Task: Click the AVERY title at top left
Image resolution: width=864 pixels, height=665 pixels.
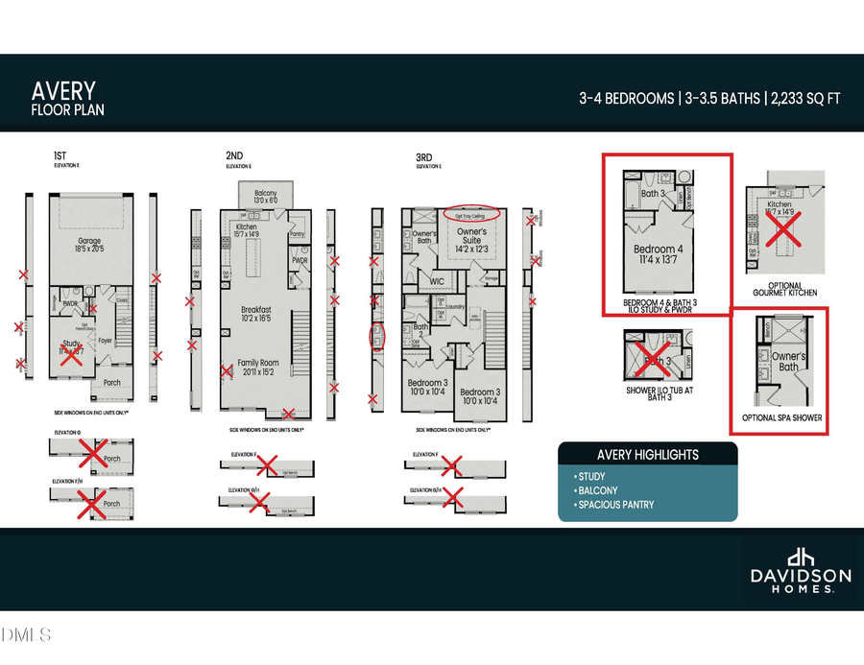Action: click(x=63, y=90)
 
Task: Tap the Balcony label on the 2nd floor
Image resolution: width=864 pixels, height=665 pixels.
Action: click(x=264, y=195)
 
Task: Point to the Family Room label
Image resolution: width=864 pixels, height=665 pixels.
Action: click(x=261, y=365)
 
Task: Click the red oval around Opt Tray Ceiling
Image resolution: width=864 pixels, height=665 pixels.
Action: click(x=471, y=213)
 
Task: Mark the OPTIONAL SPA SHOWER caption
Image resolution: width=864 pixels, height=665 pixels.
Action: click(x=781, y=418)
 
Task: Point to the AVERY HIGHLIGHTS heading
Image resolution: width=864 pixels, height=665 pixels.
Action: click(x=648, y=455)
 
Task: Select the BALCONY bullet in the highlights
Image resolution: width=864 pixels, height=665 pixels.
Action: click(x=597, y=490)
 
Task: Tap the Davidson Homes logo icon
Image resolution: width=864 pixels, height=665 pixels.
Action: click(x=800, y=558)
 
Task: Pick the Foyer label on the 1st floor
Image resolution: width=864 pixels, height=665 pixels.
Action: click(x=106, y=340)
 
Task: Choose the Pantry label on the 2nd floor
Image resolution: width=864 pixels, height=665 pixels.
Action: click(x=296, y=233)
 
